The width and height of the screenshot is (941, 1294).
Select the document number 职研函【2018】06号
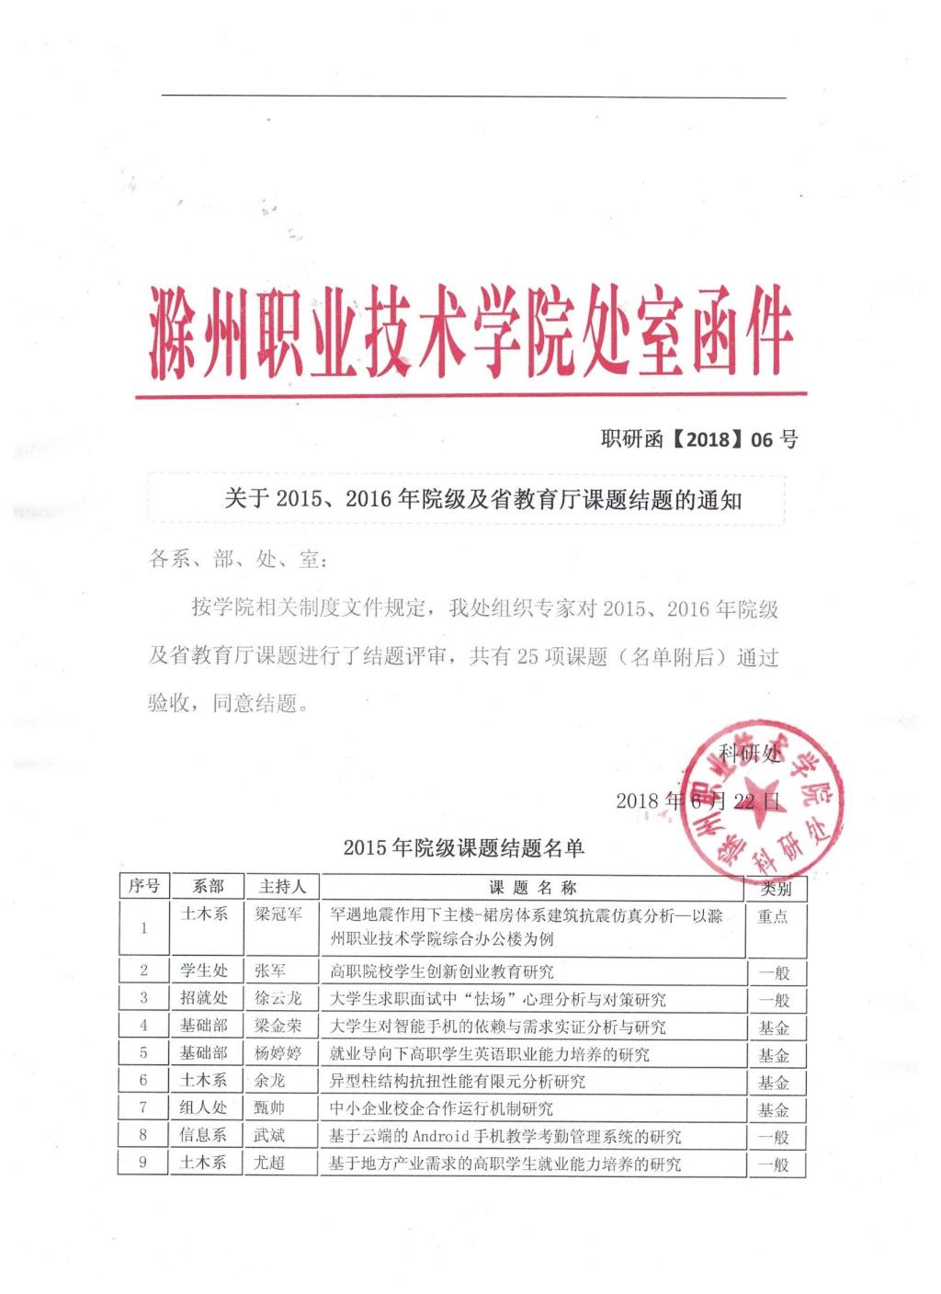698,439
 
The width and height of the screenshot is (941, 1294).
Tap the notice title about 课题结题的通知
482,499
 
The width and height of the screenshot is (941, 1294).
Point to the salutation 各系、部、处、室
236,559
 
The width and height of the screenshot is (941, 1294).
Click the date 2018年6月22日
698,800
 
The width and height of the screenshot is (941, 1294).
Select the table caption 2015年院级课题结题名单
463,847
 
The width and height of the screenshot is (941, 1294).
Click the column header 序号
143,887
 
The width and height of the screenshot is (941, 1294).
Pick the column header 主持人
282,887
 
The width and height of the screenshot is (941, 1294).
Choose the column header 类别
776,889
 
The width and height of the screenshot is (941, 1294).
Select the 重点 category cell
773,916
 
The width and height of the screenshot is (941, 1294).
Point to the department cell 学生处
203,970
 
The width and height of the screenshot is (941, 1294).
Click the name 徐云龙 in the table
278,998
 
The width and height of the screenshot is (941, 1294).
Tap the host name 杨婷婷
278,1053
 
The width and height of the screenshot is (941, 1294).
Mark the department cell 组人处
203,1108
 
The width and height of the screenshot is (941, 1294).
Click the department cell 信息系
203,1136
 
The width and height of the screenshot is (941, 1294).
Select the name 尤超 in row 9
270,1163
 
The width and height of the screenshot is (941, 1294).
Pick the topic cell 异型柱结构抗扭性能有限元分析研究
458,1082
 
